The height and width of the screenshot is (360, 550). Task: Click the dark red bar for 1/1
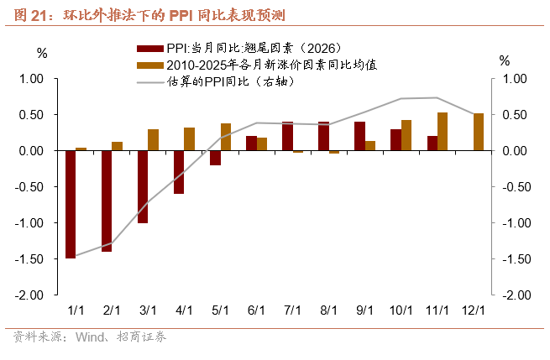[71, 204]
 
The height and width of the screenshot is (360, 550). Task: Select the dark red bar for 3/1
[143, 186]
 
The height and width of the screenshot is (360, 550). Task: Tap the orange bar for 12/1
[479, 132]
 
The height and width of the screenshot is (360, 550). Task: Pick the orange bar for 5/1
[226, 137]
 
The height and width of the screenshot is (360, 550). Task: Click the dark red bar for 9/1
[359, 136]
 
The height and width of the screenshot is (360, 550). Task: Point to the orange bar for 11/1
[443, 131]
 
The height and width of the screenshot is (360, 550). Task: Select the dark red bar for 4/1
[179, 172]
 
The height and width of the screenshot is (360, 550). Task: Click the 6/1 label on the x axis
[257, 310]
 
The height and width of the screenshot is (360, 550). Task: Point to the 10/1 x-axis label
[401, 310]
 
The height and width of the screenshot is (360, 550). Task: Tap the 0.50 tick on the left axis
[31, 115]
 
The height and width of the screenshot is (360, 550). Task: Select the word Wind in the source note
[89, 337]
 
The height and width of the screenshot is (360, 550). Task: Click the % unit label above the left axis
[42, 53]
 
